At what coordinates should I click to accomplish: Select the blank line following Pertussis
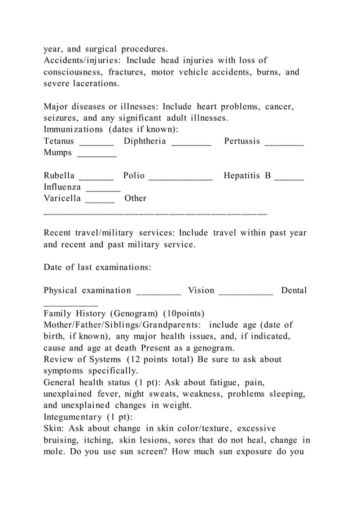(x=284, y=144)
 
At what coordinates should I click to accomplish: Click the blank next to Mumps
(x=96, y=156)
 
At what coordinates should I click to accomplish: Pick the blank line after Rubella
(x=96, y=179)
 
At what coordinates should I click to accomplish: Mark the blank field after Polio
(x=181, y=179)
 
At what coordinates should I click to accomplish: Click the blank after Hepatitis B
(x=289, y=179)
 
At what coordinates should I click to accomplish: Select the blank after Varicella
(x=100, y=201)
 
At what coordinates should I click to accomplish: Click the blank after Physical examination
(x=159, y=294)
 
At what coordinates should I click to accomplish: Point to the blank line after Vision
(x=245, y=294)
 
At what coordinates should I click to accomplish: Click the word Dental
(x=294, y=291)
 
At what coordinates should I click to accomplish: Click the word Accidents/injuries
(x=82, y=60)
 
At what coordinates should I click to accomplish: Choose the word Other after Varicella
(x=135, y=198)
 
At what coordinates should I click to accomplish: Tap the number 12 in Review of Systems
(x=135, y=359)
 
